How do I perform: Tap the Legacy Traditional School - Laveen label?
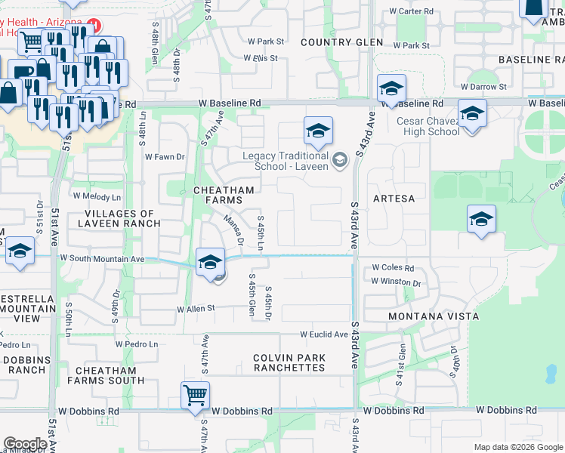coord(286,162)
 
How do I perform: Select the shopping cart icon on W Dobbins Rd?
coord(195,394)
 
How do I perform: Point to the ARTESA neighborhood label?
coord(394,199)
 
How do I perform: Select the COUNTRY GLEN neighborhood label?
coord(341,42)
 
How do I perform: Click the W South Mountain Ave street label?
coord(102,258)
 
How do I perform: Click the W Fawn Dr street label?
coord(165,157)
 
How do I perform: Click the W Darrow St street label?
coord(483,87)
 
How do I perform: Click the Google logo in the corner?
coord(25,443)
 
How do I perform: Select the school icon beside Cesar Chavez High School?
coord(472,114)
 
